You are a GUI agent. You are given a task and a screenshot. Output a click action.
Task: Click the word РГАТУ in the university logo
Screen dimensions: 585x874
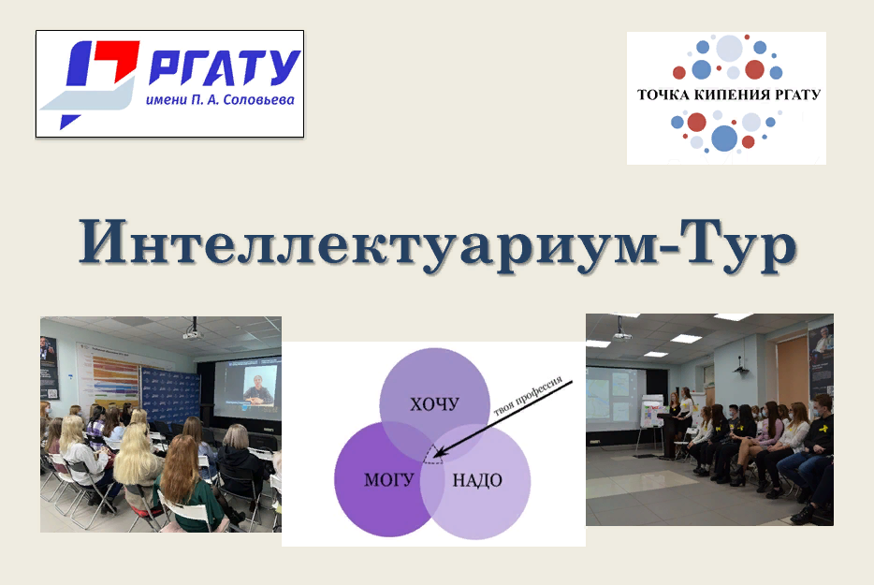coord(225,66)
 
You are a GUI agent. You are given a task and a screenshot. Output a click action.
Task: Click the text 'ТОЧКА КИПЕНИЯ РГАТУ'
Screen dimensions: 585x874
coord(728,95)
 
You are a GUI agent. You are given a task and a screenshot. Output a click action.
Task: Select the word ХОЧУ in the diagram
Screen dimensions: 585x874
coord(434,404)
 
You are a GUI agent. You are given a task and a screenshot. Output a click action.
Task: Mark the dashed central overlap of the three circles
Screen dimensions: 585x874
coord(432,456)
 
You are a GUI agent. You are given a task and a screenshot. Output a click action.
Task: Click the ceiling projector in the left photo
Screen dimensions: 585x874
coord(193,331)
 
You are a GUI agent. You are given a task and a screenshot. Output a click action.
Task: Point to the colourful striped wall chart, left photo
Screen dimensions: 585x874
coord(114,384)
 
